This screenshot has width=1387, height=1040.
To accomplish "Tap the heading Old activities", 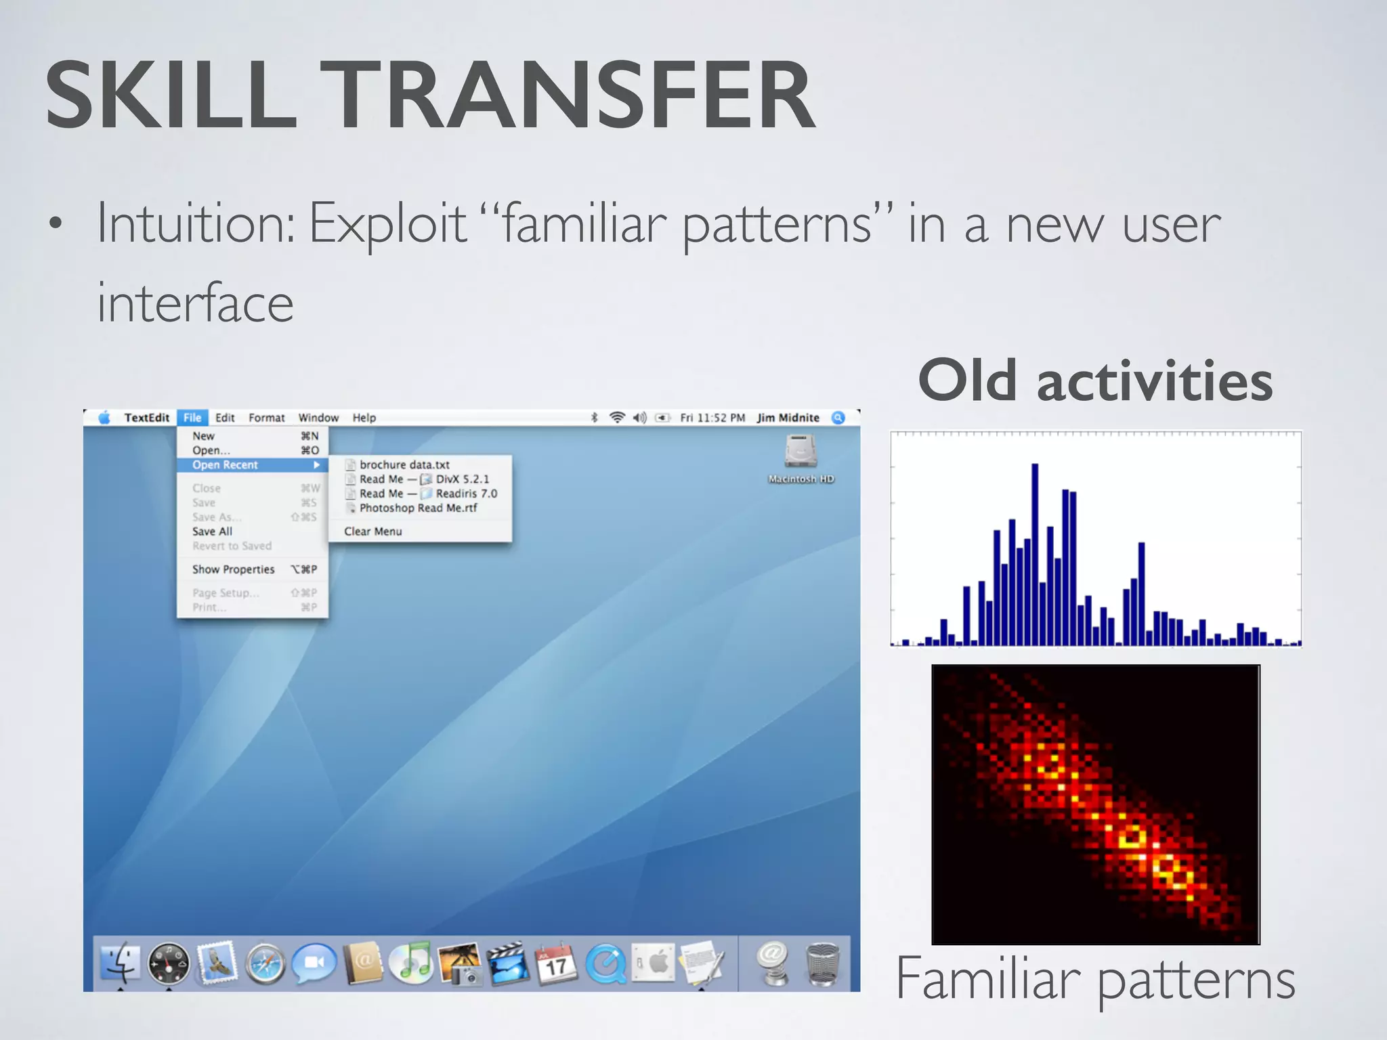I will [x=1095, y=381].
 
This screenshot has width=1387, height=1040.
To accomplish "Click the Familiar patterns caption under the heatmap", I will [x=1095, y=979].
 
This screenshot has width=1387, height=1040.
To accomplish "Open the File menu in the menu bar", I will [x=192, y=418].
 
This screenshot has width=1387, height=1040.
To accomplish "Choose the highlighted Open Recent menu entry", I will [x=226, y=465].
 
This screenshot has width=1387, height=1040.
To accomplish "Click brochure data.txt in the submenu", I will [x=404, y=464].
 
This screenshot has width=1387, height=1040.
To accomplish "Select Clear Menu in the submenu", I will [x=372, y=532].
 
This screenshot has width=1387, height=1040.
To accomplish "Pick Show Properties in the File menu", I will [x=234, y=569].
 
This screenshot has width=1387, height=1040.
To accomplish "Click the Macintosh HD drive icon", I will [x=801, y=452].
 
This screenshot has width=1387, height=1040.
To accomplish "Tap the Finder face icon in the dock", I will [x=121, y=962].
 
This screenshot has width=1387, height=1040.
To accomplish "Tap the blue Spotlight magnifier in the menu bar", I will [x=838, y=418].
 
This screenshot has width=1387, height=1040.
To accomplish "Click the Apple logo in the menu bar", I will [x=104, y=418].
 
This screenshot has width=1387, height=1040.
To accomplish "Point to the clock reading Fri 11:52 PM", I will [x=712, y=418].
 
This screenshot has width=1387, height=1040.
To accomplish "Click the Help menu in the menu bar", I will [x=364, y=418].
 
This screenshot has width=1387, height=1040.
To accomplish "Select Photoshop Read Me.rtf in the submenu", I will [x=418, y=508].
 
